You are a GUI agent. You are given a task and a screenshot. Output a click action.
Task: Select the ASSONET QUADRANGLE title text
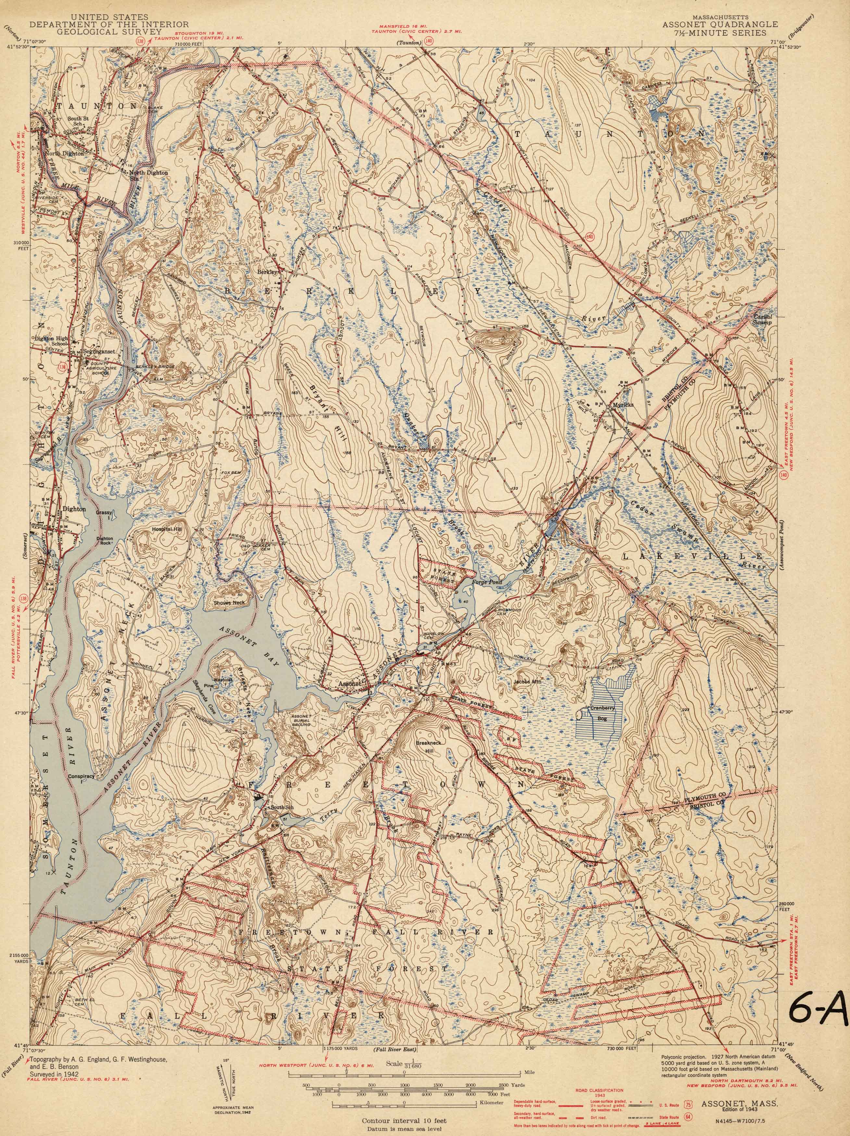pos(719,24)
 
